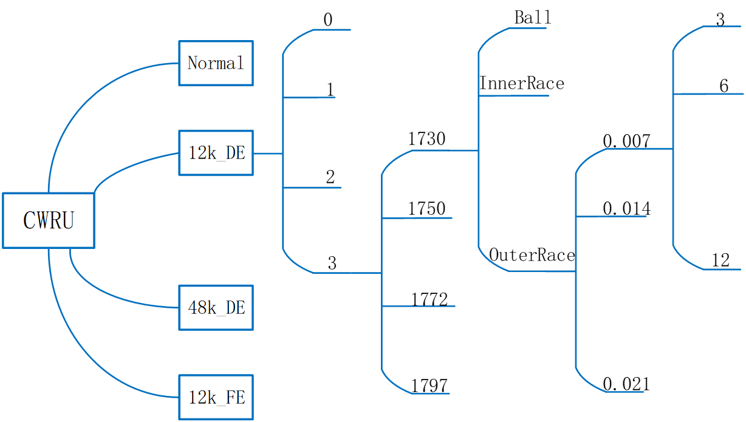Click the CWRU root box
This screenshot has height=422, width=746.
coord(49,220)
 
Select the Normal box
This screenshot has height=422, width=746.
coord(216,63)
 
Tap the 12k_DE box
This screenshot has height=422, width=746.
coord(216,153)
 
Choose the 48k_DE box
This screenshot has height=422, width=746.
coord(216,307)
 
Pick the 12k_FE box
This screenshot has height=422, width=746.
coord(216,397)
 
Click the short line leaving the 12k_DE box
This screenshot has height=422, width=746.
coord(268,154)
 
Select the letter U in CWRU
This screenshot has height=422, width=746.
coord(68,220)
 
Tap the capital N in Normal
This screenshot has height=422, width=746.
coord(194,63)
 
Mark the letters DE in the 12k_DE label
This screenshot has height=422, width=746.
coord(235,153)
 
